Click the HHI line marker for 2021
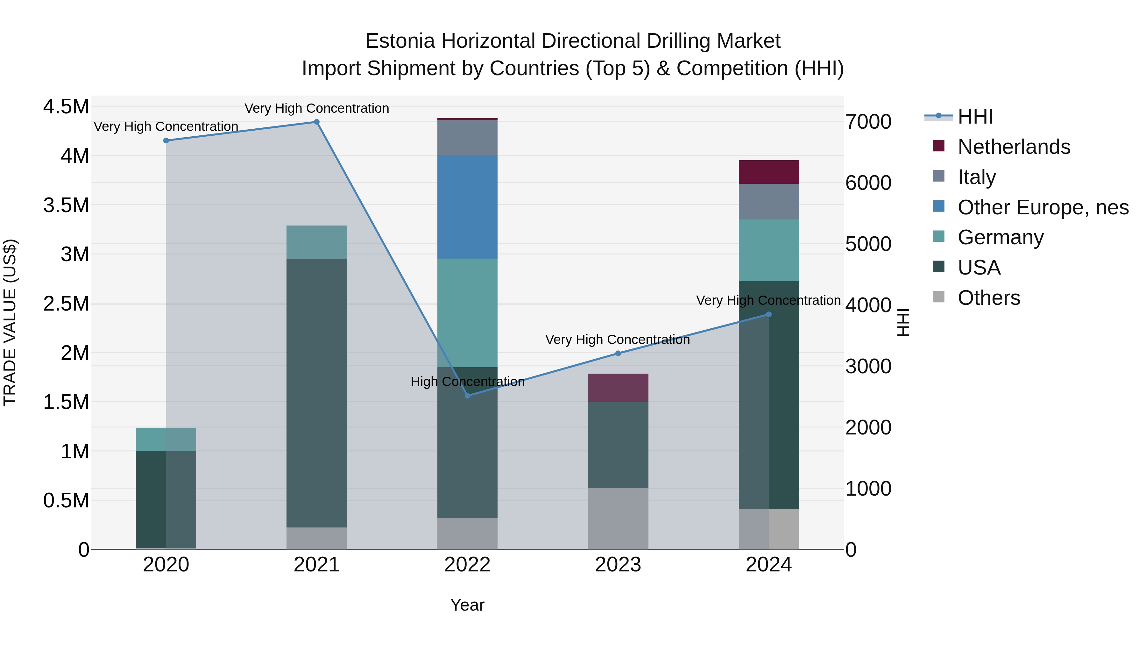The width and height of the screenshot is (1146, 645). pyautogui.click(x=317, y=122)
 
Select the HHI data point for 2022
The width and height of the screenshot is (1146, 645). pyautogui.click(x=468, y=396)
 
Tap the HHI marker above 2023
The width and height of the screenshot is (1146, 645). pyautogui.click(x=618, y=354)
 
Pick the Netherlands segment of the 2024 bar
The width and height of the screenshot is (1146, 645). pyautogui.click(x=769, y=172)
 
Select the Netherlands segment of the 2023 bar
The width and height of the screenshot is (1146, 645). pyautogui.click(x=618, y=388)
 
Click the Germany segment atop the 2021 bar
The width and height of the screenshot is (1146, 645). pyautogui.click(x=316, y=242)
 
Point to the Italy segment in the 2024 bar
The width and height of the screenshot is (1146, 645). pyautogui.click(x=769, y=202)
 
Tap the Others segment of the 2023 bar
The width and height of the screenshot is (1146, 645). pyautogui.click(x=618, y=518)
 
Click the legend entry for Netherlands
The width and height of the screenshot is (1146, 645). pyautogui.click(x=1014, y=147)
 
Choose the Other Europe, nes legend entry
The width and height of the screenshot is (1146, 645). pyautogui.click(x=1043, y=207)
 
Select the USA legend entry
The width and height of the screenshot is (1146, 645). pyautogui.click(x=979, y=268)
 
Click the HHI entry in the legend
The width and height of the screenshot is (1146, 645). pyautogui.click(x=975, y=117)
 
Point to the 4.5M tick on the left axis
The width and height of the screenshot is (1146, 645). pyautogui.click(x=66, y=107)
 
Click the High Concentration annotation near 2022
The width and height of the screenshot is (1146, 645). pyautogui.click(x=468, y=382)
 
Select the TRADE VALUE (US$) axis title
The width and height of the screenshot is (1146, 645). pyautogui.click(x=10, y=322)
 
